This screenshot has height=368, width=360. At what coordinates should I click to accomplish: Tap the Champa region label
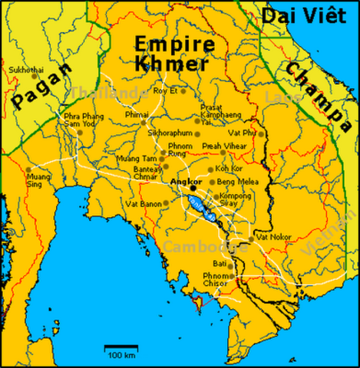314,91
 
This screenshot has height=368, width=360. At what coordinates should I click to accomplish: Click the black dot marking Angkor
193,187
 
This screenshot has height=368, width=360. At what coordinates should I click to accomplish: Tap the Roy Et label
166,90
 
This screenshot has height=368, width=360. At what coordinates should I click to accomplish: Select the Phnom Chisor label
216,279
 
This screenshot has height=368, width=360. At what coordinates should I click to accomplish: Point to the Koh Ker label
229,168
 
